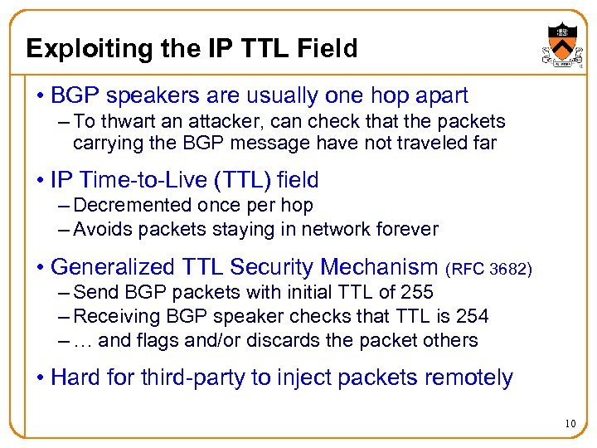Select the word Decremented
pyautogui.click(x=133, y=205)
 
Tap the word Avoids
pyautogui.click(x=99, y=228)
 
